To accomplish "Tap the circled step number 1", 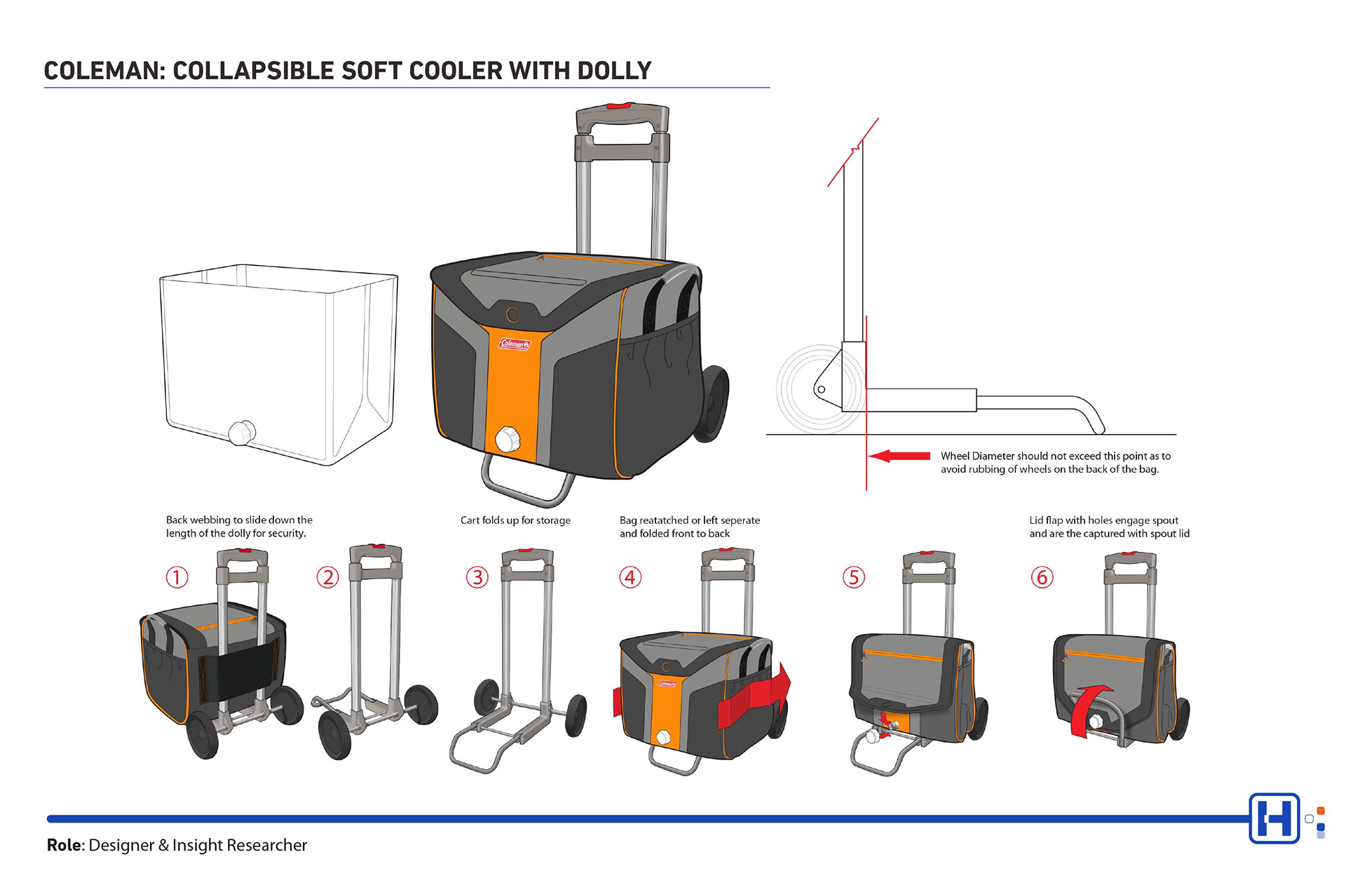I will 177,577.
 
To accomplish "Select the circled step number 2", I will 327,577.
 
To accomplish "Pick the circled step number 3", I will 477,577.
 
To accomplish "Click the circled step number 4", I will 630,577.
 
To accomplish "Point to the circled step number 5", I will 853,577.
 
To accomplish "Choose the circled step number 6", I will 1042,577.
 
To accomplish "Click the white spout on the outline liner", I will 242,432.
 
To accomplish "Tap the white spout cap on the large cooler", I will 507,440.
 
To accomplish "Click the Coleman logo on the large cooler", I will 515,344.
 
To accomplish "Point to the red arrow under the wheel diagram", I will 899,456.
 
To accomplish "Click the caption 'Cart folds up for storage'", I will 515,520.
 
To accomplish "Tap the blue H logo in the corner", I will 1274,818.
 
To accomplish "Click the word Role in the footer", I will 64,845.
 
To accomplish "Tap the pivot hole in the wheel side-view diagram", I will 822,389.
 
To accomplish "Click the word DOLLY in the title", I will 614,71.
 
